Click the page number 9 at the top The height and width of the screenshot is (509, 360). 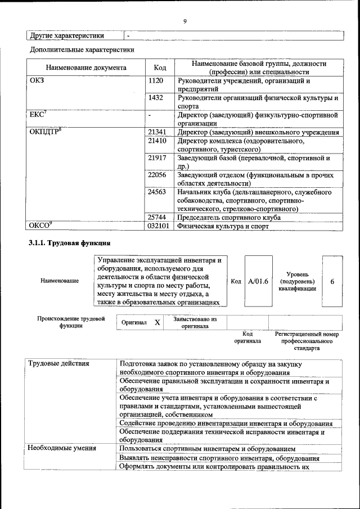pos(184,21)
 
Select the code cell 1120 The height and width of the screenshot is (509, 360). pos(156,81)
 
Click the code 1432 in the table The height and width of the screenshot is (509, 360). pos(156,98)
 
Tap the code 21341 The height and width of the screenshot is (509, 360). pos(157,132)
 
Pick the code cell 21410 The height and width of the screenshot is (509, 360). pos(157,141)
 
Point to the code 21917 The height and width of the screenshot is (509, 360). pos(157,158)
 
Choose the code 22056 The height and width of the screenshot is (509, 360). pos(157,175)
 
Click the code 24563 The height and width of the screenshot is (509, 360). pos(157,192)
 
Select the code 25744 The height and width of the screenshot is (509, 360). pos(157,217)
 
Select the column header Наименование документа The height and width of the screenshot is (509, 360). pos(86,68)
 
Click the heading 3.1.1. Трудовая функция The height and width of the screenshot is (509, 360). pos(69,244)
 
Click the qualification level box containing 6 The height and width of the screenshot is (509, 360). pos(332,281)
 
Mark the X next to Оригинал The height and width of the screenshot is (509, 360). pos(157,323)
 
